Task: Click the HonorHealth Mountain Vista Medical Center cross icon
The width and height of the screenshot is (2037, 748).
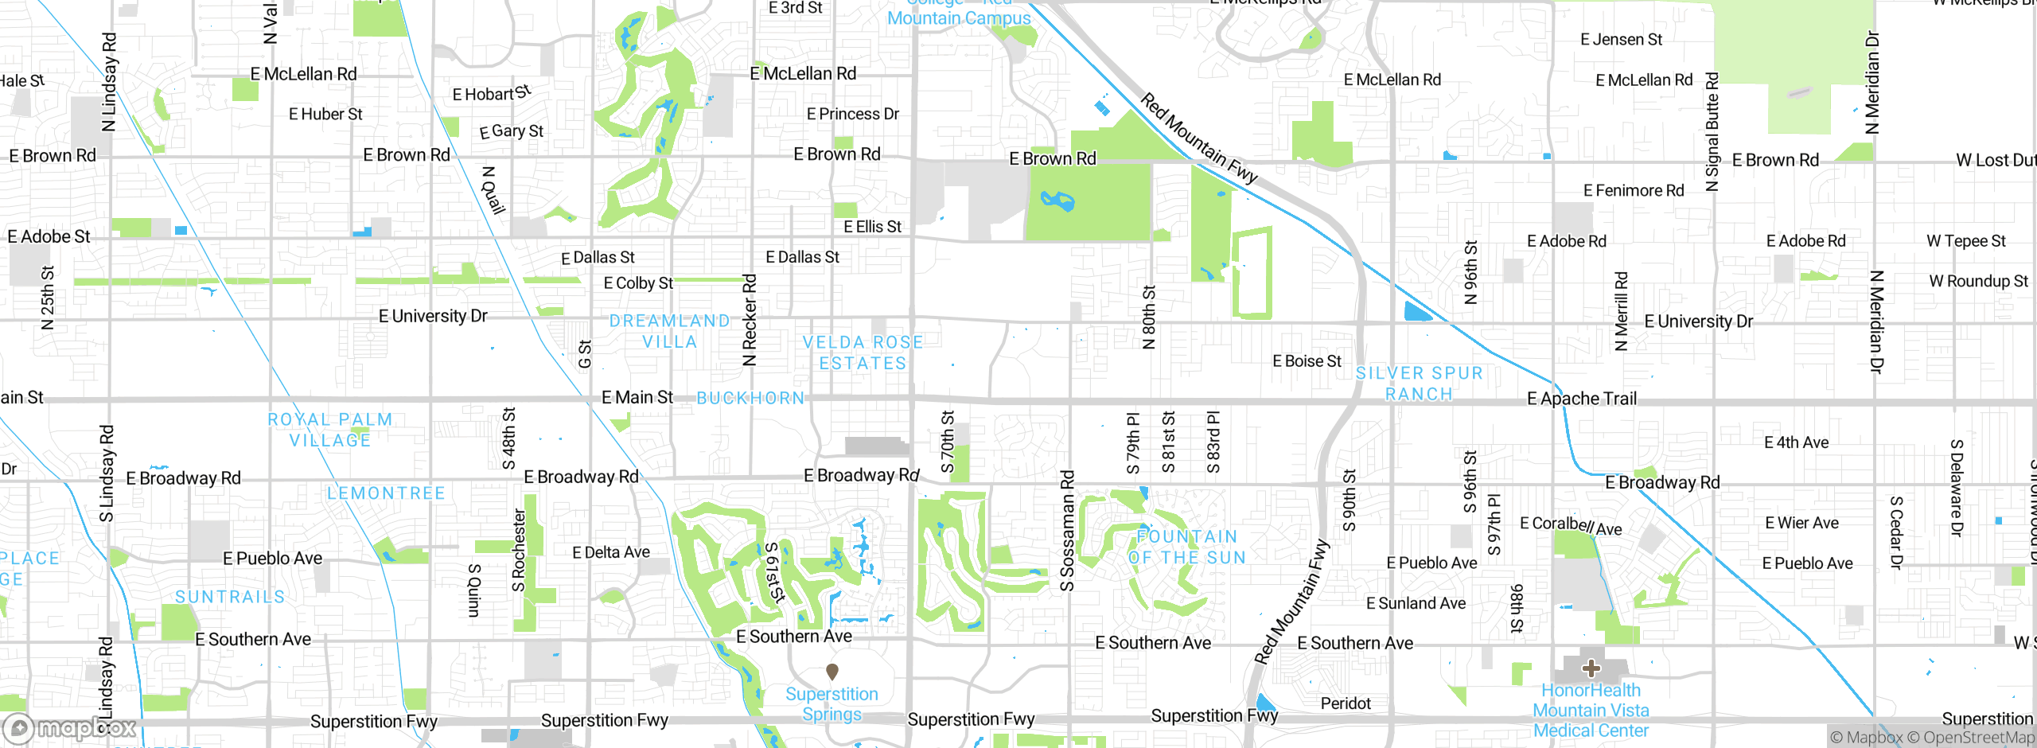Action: tap(1591, 668)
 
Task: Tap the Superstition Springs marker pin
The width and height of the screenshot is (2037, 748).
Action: tap(832, 672)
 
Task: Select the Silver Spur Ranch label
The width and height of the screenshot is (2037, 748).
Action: tap(1419, 384)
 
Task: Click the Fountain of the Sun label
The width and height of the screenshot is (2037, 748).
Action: tap(1187, 547)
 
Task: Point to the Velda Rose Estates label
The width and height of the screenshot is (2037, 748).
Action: tap(863, 353)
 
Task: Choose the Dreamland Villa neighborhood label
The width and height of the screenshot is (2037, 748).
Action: tap(669, 331)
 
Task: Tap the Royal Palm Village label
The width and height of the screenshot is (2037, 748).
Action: tap(330, 430)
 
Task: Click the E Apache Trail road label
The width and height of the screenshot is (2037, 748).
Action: tap(1581, 399)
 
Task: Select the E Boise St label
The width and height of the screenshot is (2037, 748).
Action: tap(1307, 361)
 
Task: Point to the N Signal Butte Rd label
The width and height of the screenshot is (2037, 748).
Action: tap(1712, 132)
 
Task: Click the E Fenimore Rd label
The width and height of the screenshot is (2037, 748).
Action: tap(1634, 190)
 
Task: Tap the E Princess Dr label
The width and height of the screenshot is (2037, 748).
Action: tap(852, 114)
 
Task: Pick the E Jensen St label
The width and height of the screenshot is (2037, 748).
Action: tap(1621, 40)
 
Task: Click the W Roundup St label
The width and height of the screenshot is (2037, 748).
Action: tap(1978, 281)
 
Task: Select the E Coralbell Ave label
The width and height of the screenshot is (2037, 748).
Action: tap(1570, 525)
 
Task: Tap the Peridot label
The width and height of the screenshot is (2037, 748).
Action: tap(1346, 703)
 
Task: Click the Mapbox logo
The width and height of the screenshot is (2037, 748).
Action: tap(70, 728)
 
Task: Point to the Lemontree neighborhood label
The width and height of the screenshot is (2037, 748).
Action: tap(386, 493)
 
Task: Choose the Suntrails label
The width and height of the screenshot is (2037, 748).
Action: tap(230, 597)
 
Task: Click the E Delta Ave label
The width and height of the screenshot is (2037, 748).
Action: tap(611, 552)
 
